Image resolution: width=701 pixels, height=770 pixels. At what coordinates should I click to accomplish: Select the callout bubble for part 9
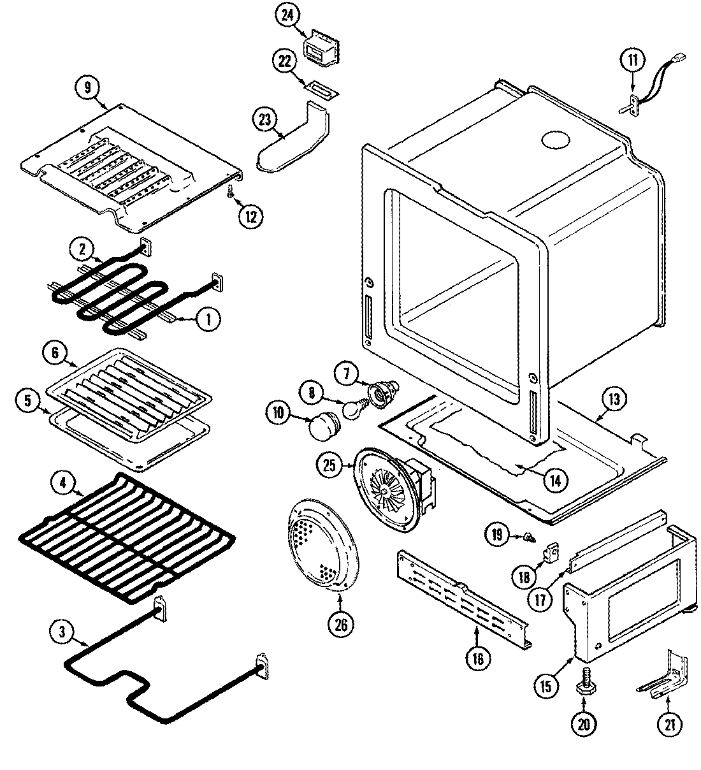88,87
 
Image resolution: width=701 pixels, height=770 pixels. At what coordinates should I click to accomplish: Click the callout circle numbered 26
341,624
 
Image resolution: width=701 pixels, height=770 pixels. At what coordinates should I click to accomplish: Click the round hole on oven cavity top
554,140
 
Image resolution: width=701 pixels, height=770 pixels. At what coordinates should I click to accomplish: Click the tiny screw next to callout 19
528,539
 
